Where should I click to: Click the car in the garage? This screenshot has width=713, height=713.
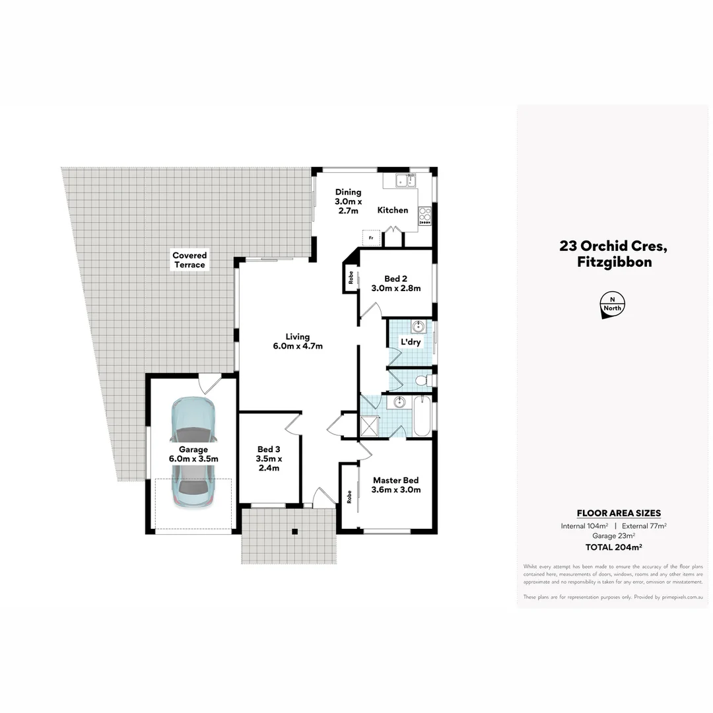click(192, 453)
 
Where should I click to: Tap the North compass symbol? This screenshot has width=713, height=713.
click(612, 305)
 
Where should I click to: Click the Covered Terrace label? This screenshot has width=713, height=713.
click(189, 260)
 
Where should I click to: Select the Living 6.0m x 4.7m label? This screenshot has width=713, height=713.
click(297, 341)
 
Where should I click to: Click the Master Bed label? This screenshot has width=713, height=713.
click(396, 485)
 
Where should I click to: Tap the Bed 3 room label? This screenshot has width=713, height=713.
click(269, 459)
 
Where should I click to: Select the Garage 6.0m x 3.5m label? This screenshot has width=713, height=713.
click(192, 454)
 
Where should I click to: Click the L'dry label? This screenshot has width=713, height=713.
click(411, 342)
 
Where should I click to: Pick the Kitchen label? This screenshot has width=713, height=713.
click(392, 210)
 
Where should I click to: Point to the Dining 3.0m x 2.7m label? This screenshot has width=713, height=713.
click(348, 201)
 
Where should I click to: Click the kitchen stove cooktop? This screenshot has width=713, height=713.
click(424, 215)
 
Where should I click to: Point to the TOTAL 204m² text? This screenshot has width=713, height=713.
click(614, 547)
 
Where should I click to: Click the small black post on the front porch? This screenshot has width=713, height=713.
click(295, 531)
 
